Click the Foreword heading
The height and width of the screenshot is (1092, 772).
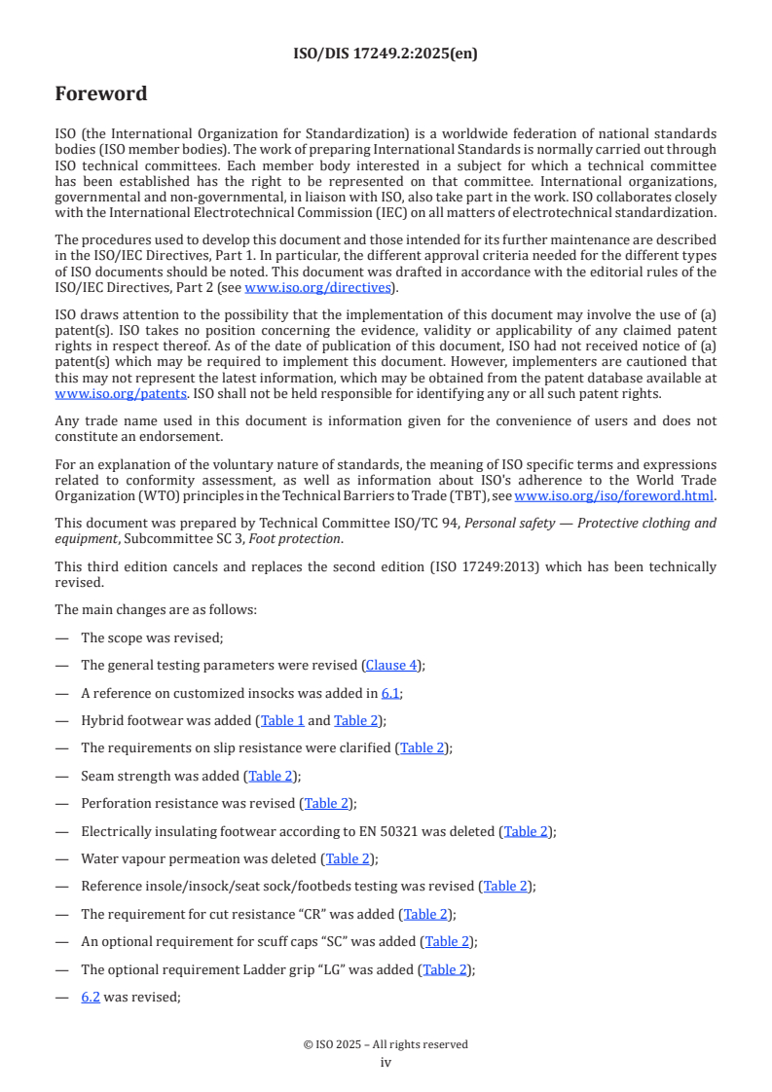[101, 94]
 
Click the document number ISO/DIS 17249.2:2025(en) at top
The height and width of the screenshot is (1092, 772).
[386, 55]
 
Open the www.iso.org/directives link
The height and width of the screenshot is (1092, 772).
[317, 287]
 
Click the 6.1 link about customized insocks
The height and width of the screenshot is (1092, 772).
[390, 693]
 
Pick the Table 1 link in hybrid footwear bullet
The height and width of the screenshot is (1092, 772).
[282, 720]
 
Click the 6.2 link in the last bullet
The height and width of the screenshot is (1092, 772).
[91, 997]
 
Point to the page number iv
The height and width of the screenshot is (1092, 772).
[386, 1062]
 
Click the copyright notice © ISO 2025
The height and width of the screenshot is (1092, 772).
[386, 1044]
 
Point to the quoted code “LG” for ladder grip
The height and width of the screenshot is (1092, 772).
[340, 969]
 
